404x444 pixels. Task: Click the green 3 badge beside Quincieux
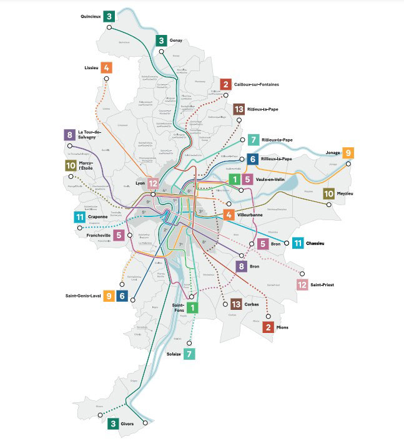click(109, 16)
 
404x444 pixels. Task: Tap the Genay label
click(175, 41)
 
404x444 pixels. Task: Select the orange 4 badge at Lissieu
click(107, 67)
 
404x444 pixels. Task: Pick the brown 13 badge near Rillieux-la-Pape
click(238, 110)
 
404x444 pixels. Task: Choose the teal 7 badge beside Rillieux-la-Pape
click(253, 140)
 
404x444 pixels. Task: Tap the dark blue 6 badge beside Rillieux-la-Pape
click(253, 159)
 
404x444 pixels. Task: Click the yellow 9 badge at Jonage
click(348, 153)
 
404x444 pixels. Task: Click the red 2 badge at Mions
click(269, 326)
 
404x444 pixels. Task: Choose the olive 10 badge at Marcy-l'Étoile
click(70, 166)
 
